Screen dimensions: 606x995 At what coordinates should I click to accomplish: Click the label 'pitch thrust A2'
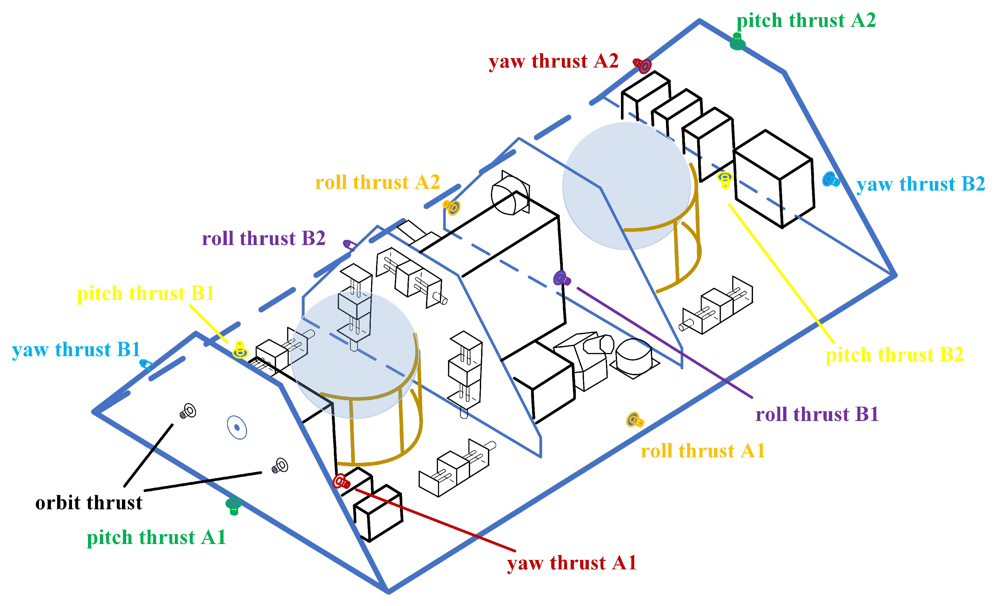806,20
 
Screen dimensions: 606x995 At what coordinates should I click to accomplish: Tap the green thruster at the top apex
738,42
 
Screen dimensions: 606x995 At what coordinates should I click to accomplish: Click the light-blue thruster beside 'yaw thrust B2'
831,179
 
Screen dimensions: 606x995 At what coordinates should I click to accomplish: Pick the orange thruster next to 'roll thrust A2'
452,207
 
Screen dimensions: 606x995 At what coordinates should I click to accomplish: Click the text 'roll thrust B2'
264,238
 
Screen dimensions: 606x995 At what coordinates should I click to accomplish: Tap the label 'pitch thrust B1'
145,293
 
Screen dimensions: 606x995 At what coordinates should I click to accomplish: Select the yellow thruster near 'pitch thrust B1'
240,350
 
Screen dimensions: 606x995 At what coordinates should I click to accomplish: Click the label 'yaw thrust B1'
76,350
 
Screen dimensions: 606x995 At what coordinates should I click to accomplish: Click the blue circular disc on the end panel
237,427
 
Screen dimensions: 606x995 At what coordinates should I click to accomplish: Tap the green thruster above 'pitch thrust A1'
233,505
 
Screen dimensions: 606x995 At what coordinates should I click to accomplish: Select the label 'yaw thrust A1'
572,563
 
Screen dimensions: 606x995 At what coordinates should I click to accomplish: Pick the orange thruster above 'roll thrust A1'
634,420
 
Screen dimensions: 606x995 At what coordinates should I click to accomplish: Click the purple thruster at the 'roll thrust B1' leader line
561,278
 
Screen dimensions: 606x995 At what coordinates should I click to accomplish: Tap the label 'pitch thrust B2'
894,355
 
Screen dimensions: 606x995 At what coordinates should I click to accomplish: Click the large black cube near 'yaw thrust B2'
773,180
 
